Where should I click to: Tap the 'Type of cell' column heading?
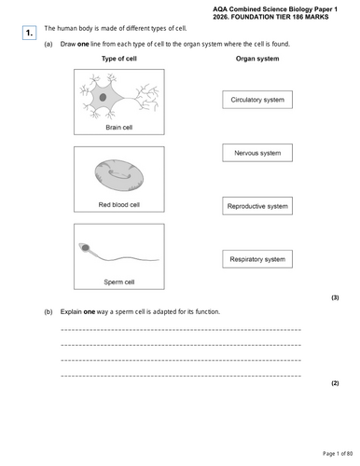[x=118, y=60]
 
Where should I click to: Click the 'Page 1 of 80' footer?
[x=334, y=453]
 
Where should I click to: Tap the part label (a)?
[x=48, y=45]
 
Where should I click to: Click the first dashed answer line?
[x=180, y=330]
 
